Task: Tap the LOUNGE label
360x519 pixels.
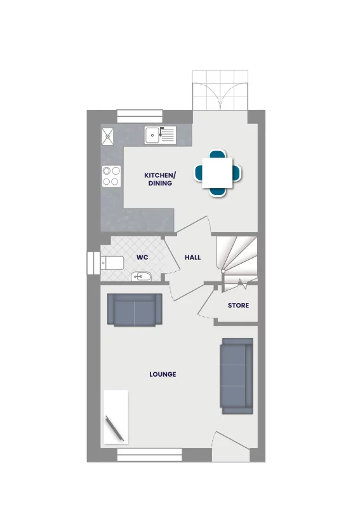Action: [x=163, y=374]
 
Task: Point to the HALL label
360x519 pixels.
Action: [x=192, y=257]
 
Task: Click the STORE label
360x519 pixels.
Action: [x=238, y=306]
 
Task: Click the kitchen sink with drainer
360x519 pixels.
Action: [x=159, y=135]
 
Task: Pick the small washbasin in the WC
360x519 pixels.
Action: [x=141, y=276]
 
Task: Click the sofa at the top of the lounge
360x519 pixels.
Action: [x=134, y=310]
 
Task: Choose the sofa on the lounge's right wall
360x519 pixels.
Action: [x=236, y=374]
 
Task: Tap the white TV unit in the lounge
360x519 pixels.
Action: [x=116, y=416]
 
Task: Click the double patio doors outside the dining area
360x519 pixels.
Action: [x=219, y=88]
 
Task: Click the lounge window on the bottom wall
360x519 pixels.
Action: [x=149, y=454]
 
